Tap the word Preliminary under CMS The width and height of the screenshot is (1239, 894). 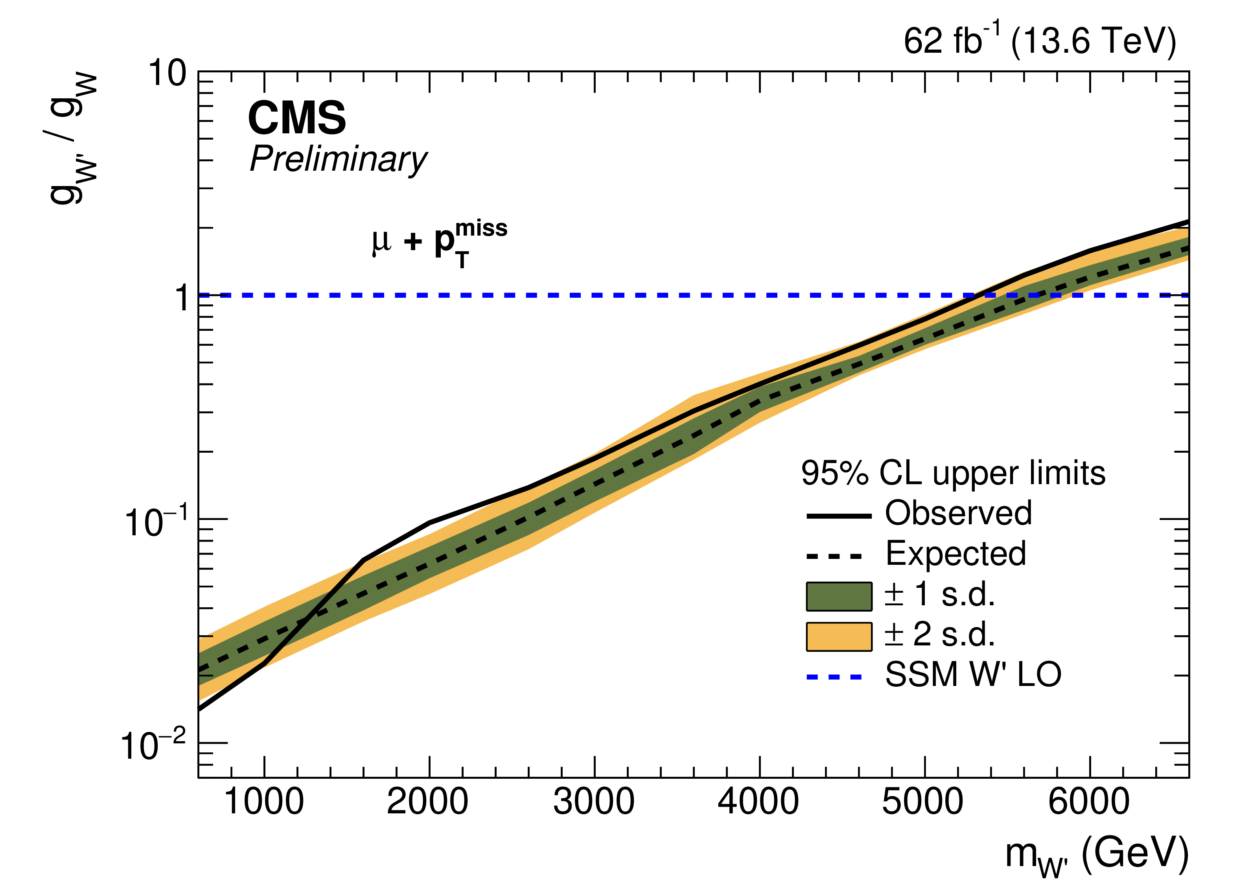pyautogui.click(x=338, y=160)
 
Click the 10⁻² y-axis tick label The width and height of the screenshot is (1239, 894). pyautogui.click(x=153, y=745)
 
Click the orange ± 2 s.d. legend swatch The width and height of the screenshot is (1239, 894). pyautogui.click(x=839, y=637)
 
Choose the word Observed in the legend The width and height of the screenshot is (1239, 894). pyautogui.click(x=958, y=513)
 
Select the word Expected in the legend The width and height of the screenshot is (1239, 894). pyautogui.click(x=955, y=553)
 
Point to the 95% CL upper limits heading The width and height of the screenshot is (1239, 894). pyautogui.click(x=953, y=473)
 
